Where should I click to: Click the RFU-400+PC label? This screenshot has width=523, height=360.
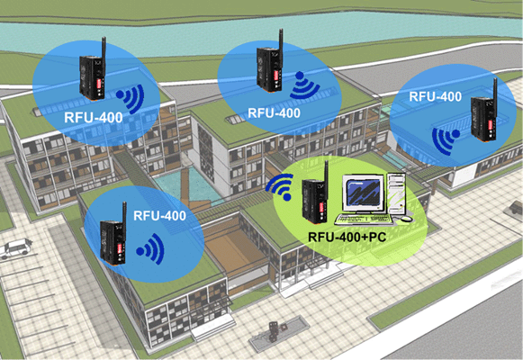(x=347, y=237)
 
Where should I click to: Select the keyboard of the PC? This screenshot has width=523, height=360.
(x=365, y=219)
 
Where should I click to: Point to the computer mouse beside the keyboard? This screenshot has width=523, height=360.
(x=406, y=219)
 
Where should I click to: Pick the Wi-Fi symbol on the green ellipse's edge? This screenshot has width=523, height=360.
(x=280, y=187)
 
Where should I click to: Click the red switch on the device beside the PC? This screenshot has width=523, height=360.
(x=321, y=207)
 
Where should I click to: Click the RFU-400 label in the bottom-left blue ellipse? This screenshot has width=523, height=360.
(x=159, y=216)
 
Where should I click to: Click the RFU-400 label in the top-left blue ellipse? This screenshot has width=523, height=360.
(x=94, y=118)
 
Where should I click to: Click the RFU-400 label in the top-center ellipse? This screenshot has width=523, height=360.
(x=274, y=113)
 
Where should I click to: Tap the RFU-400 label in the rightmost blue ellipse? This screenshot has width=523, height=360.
(x=436, y=96)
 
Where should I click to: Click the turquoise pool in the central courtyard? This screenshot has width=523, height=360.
(x=188, y=186)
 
